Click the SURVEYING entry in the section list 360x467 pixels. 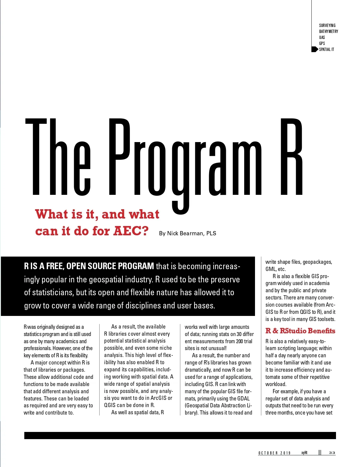[327, 25]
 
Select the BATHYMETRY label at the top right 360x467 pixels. [328, 31]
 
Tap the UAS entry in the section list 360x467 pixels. [322, 37]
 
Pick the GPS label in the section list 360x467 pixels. [322, 43]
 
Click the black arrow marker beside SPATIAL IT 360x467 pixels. [314, 49]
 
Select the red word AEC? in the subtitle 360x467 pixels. [131, 231]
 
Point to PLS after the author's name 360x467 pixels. [211, 233]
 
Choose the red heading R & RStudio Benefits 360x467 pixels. [300, 331]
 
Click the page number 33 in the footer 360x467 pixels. [332, 453]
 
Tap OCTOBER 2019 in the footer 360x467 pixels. [274, 453]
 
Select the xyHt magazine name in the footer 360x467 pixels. [304, 453]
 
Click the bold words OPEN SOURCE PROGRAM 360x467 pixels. [110, 266]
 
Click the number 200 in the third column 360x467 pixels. [239, 341]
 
